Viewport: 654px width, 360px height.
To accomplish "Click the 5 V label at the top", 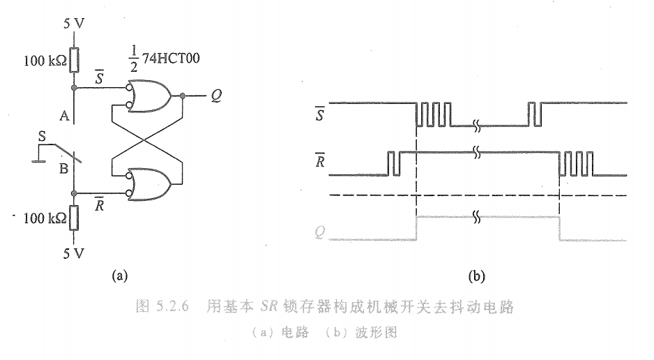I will click(x=74, y=22).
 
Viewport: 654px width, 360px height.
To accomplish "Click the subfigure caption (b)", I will click(x=477, y=276).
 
